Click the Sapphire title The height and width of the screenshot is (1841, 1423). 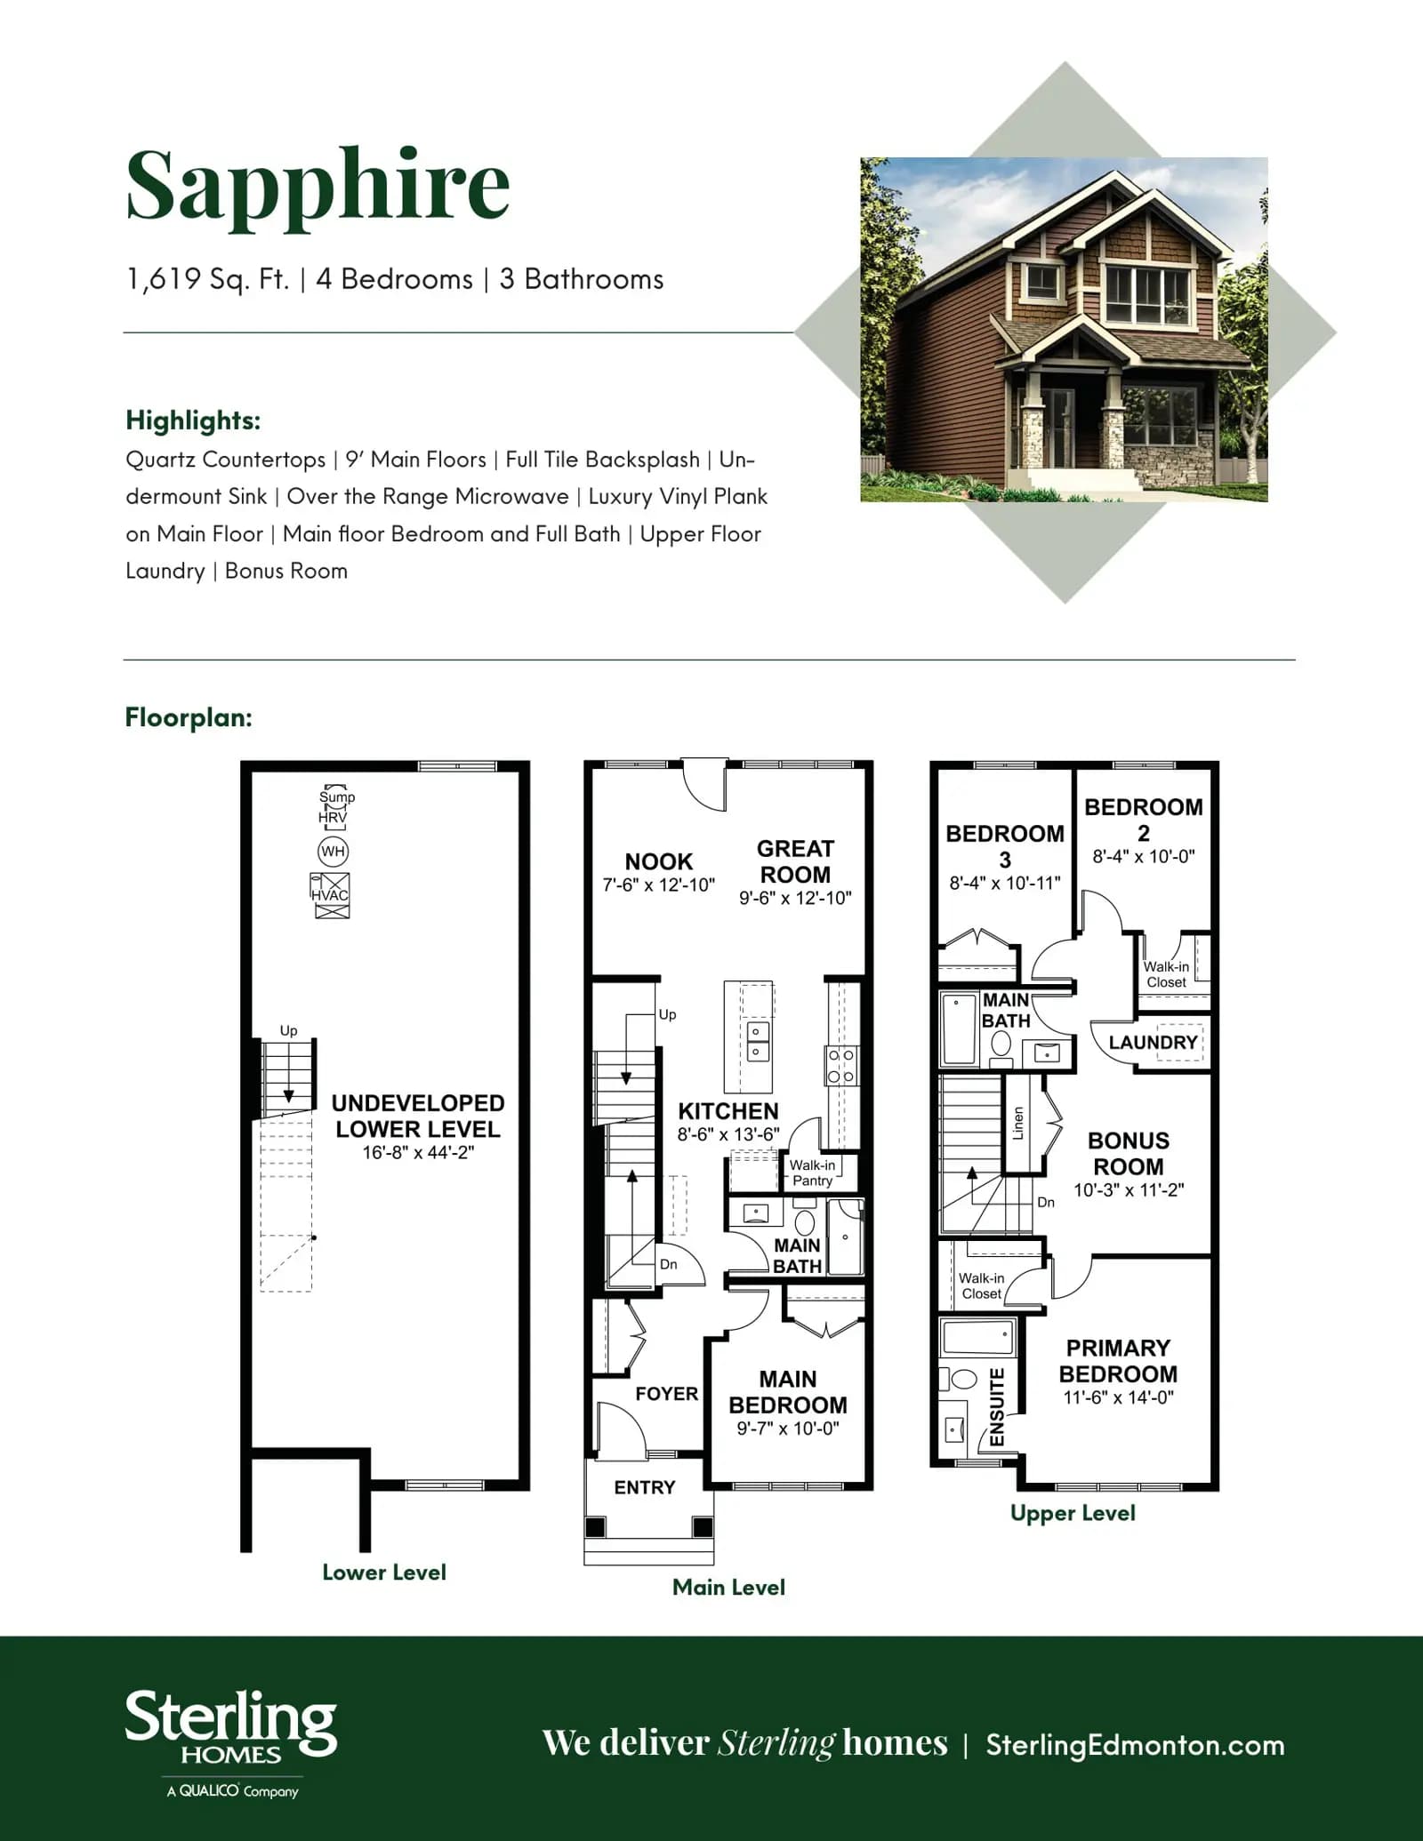318,188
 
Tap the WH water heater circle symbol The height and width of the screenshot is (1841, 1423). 333,852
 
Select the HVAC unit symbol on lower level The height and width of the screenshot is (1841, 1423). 330,895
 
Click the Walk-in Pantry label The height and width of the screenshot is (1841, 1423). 812,1173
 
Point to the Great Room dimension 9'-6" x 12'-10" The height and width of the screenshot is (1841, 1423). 795,898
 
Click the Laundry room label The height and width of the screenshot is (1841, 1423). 1153,1042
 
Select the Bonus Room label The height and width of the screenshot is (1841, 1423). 1129,1153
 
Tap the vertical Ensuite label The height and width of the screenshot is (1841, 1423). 997,1407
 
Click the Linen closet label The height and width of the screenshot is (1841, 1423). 1018,1123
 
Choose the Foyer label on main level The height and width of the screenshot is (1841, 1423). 667,1394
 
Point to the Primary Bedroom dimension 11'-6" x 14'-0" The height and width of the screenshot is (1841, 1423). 1118,1397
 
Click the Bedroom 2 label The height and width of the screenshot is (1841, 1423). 1144,820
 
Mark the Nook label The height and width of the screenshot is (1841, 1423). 658,861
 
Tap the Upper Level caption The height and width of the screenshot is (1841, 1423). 1073,1513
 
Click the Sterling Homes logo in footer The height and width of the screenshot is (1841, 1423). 231,1743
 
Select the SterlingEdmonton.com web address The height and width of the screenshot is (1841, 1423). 1135,1745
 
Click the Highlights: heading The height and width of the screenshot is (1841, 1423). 193,420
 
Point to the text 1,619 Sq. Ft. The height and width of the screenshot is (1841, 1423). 208,279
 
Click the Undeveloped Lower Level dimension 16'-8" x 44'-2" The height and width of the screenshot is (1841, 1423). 418,1153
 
